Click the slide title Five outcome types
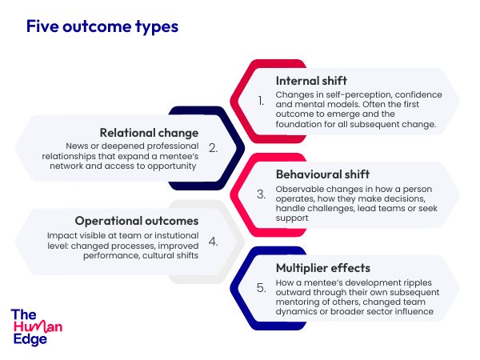tap(102, 26)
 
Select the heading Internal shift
tap(311, 81)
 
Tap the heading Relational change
tap(149, 133)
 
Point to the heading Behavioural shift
tap(322, 174)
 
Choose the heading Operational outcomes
tap(137, 221)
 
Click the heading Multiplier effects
tap(323, 268)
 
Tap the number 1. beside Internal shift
tap(261, 101)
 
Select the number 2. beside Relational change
tap(214, 148)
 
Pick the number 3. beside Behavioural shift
tap(261, 194)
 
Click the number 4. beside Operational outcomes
tap(214, 242)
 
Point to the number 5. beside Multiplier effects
tap(261, 288)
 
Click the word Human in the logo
tap(38, 327)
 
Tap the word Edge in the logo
tap(30, 339)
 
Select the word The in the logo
tap(23, 314)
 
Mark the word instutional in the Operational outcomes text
tap(177, 235)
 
